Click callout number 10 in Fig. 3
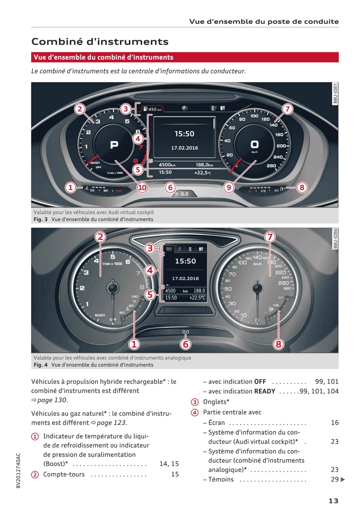point(142,188)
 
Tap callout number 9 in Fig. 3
point(229,188)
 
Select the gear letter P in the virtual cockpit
point(114,145)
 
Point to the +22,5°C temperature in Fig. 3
point(203,173)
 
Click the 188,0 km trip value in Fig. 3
point(204,165)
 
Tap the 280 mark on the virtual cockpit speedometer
point(271,166)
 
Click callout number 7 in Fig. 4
point(270,237)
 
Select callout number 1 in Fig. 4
point(134,344)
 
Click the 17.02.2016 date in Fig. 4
point(185,278)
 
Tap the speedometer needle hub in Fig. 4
point(257,288)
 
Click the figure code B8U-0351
point(335,93)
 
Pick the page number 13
point(333,501)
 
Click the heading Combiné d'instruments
point(100,42)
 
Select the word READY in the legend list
point(264,391)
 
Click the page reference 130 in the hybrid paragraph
point(61,400)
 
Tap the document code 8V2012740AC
point(18,471)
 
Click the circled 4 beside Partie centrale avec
point(195,412)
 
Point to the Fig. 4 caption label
point(41,365)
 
